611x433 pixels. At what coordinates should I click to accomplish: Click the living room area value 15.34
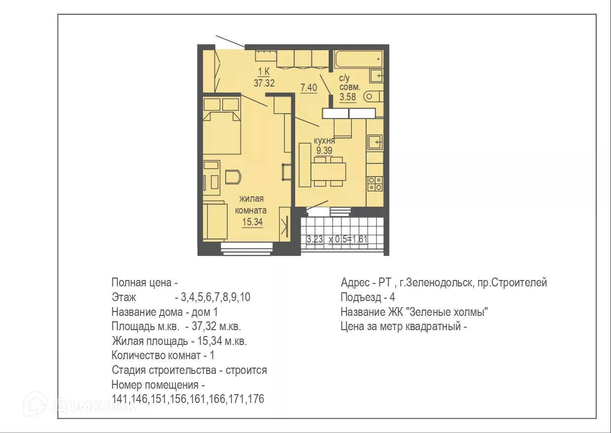(x=252, y=222)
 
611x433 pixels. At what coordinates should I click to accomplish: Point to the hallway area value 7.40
(x=308, y=88)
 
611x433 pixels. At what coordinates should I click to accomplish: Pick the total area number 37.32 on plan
(x=264, y=83)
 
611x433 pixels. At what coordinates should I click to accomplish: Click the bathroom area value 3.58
(x=347, y=96)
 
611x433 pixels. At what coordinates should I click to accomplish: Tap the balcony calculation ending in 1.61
(x=338, y=240)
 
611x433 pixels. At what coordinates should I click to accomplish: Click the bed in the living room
(x=221, y=132)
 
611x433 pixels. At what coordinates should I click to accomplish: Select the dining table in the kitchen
(x=328, y=172)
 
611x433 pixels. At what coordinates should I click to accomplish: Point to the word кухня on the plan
(x=324, y=141)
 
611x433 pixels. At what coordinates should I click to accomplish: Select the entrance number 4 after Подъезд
(x=392, y=298)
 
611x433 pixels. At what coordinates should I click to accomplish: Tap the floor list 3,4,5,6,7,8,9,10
(x=216, y=298)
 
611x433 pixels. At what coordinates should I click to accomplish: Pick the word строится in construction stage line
(x=246, y=370)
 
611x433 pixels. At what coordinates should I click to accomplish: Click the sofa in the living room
(x=213, y=221)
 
